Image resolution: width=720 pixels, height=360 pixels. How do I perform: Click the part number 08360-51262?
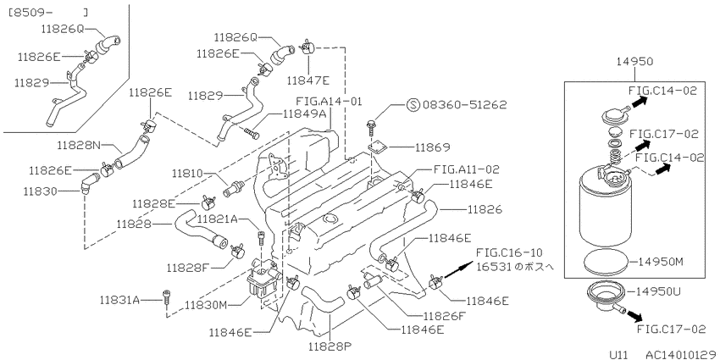[465, 105]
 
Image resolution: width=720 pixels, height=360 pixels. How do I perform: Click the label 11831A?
[119, 301]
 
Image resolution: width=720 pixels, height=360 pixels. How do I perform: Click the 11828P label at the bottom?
[328, 346]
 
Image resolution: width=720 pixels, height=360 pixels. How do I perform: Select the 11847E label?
[308, 80]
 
